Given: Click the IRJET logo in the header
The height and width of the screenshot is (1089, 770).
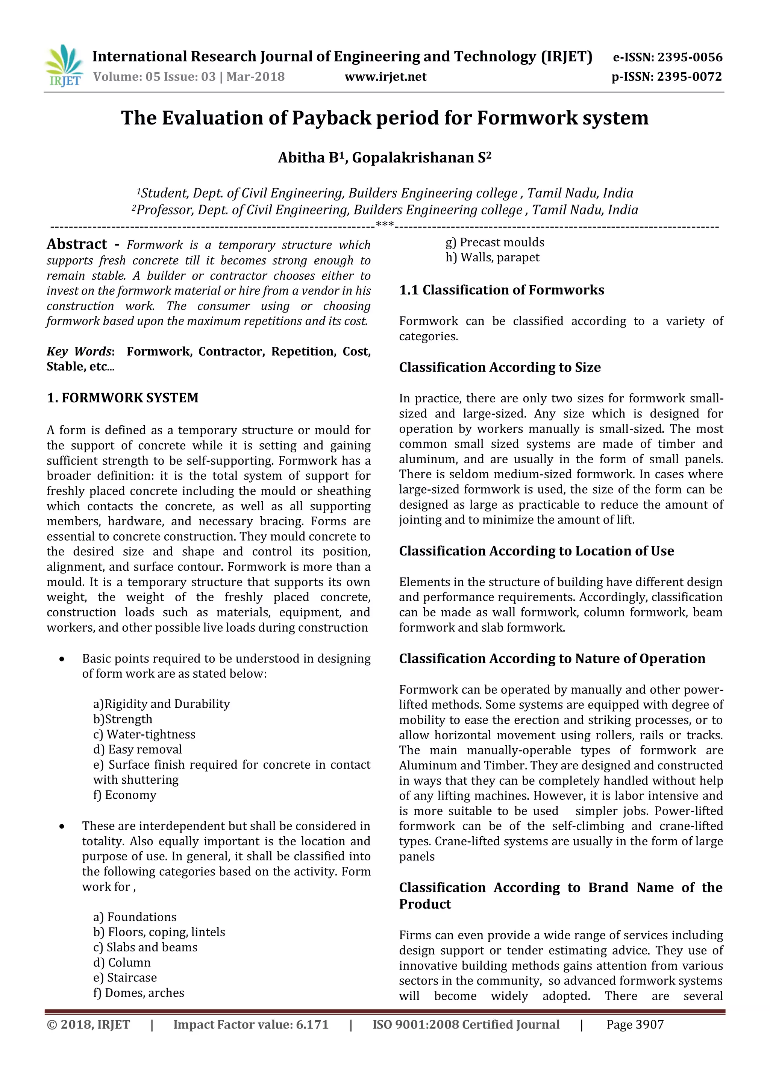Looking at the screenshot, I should [x=64, y=65].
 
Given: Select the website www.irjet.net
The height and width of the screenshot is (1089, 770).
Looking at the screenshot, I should [x=385, y=77].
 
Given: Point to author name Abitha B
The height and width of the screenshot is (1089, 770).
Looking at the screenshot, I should [x=309, y=158].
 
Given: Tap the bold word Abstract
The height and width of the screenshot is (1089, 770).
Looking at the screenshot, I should [x=77, y=244].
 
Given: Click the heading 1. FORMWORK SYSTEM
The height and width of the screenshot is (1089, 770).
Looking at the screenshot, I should [x=122, y=397].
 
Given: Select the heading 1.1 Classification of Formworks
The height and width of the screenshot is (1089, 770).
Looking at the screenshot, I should [x=501, y=290].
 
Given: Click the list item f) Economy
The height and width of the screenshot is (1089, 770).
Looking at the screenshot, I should [x=125, y=795].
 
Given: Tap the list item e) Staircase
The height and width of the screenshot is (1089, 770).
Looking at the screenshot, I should [x=125, y=978].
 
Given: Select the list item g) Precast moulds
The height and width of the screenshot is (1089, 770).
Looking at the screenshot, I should [x=494, y=243].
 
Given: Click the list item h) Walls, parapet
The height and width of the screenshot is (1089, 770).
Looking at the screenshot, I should [x=492, y=258].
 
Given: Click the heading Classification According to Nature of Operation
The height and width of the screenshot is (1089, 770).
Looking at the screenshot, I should [x=552, y=658].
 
